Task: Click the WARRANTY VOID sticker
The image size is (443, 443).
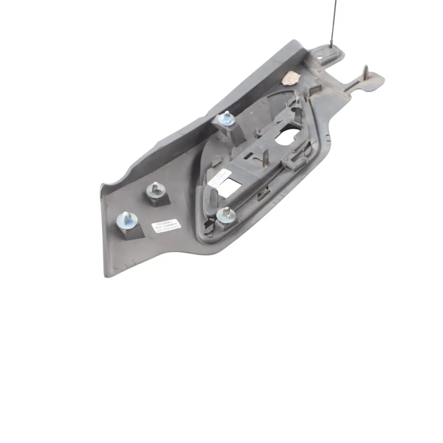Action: tap(165, 226)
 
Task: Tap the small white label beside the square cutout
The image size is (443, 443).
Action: tap(218, 177)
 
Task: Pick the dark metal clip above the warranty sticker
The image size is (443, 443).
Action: tap(156, 190)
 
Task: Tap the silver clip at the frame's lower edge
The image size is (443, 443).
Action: tap(225, 213)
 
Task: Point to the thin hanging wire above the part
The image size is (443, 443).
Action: tap(333, 21)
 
